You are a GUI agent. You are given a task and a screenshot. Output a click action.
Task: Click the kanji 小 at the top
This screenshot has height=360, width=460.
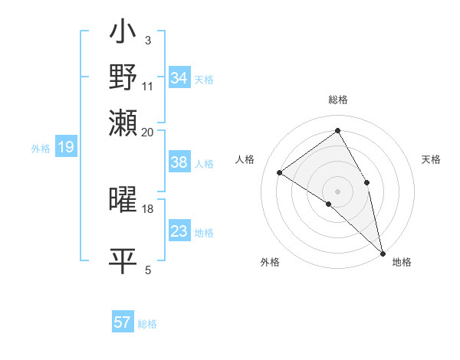point(123,34)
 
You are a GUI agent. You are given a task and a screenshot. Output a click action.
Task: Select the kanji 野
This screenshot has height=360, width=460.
point(123,77)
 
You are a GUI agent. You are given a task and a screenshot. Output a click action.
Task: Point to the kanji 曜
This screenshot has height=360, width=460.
point(123,200)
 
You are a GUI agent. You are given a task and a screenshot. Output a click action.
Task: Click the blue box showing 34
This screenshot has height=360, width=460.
point(179,78)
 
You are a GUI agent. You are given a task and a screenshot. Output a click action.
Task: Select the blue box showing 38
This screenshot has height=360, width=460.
point(179,162)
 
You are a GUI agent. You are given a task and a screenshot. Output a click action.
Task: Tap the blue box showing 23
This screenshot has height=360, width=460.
point(179,231)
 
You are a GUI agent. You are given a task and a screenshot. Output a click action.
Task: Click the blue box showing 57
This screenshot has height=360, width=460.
point(123,322)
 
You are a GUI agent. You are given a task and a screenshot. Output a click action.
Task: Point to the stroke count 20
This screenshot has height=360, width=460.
point(148,131)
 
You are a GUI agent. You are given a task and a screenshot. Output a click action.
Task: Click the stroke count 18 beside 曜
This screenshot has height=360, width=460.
point(148,208)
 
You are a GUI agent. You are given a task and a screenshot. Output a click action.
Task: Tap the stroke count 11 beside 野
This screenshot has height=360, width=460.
point(148,85)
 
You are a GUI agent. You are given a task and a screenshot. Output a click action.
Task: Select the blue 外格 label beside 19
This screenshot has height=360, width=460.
point(41,149)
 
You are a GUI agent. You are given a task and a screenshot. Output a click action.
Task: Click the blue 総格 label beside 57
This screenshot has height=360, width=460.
point(147,324)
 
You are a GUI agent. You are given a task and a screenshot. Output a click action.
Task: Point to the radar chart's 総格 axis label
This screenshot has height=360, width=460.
point(338,100)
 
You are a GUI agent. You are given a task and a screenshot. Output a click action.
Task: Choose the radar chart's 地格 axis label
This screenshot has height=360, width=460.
point(402,263)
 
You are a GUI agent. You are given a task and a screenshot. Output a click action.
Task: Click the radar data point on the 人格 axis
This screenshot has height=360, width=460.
point(280,173)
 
